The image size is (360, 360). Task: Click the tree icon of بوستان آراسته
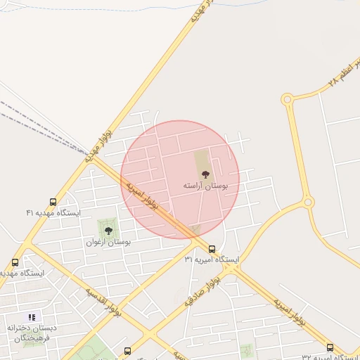[x=205, y=174]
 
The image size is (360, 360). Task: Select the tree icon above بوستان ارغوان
[x=108, y=230]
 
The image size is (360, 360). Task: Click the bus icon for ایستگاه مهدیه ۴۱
[x=53, y=202]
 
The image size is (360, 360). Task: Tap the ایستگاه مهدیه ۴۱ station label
[x=53, y=212]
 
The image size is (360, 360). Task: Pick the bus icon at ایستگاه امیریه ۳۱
[x=212, y=248]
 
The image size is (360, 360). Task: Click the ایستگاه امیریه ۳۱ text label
[x=212, y=259]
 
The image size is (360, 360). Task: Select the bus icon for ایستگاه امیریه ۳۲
[x=330, y=347]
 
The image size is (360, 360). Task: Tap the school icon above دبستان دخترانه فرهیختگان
[x=32, y=317]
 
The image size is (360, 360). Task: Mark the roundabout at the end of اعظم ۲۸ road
[x=287, y=100]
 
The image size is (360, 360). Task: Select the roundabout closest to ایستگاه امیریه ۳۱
[x=308, y=203]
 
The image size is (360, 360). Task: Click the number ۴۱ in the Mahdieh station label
[x=30, y=212]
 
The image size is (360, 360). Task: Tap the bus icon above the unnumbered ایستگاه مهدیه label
[x=15, y=262]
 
